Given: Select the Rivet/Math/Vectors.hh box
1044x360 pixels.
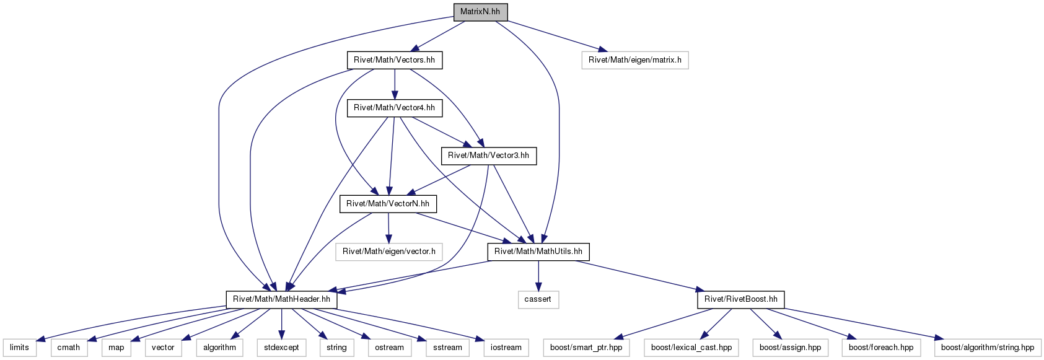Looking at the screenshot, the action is coord(394,60).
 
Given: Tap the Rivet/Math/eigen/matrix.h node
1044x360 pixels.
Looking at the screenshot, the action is coord(635,60).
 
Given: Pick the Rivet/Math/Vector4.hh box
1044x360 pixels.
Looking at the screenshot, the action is coord(394,108).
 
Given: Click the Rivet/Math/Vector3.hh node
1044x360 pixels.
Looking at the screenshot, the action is coord(488,156).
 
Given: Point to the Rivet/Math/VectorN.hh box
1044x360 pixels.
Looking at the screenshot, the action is coord(388,204).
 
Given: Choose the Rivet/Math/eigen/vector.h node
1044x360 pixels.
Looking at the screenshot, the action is coord(388,252).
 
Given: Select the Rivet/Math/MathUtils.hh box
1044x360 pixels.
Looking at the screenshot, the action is coord(538,252).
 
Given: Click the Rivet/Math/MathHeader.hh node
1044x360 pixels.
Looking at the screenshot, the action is coord(281,299).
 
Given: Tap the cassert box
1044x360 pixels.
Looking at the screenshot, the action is coord(538,299).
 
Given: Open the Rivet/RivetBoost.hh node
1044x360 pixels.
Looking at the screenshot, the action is coord(741,299).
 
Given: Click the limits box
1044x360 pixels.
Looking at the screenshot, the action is coord(20,348).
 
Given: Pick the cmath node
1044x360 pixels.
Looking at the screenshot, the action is coord(69,348).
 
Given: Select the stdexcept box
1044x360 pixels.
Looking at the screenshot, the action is coord(281,348).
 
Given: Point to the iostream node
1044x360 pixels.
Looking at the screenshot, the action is coord(506,348).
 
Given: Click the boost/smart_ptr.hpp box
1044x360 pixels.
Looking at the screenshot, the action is coord(586,348).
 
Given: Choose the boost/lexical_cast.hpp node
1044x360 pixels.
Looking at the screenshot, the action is coord(691,348).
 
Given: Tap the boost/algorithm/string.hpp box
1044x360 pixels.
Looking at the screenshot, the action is coord(987,348).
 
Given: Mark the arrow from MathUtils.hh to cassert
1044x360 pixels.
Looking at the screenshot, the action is coord(538,276).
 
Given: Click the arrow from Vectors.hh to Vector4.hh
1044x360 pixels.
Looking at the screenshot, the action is coord(395,84).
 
